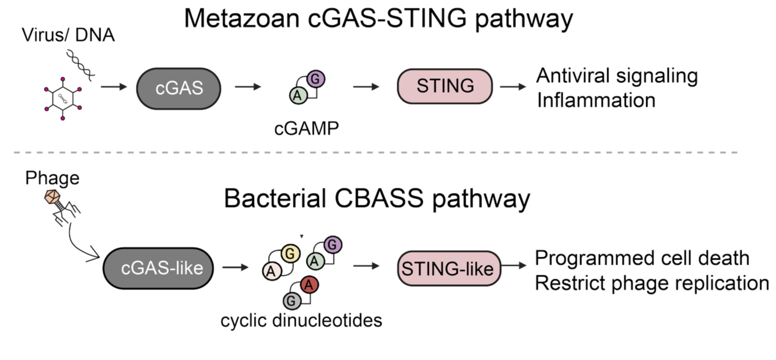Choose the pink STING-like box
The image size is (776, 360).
(x=449, y=268)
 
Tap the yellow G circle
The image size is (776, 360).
(x=290, y=253)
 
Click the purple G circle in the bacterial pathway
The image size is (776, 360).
(x=332, y=244)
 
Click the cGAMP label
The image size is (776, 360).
(x=305, y=128)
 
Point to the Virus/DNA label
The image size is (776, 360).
(x=68, y=35)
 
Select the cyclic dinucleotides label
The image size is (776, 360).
(x=301, y=321)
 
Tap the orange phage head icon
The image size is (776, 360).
(x=52, y=195)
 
